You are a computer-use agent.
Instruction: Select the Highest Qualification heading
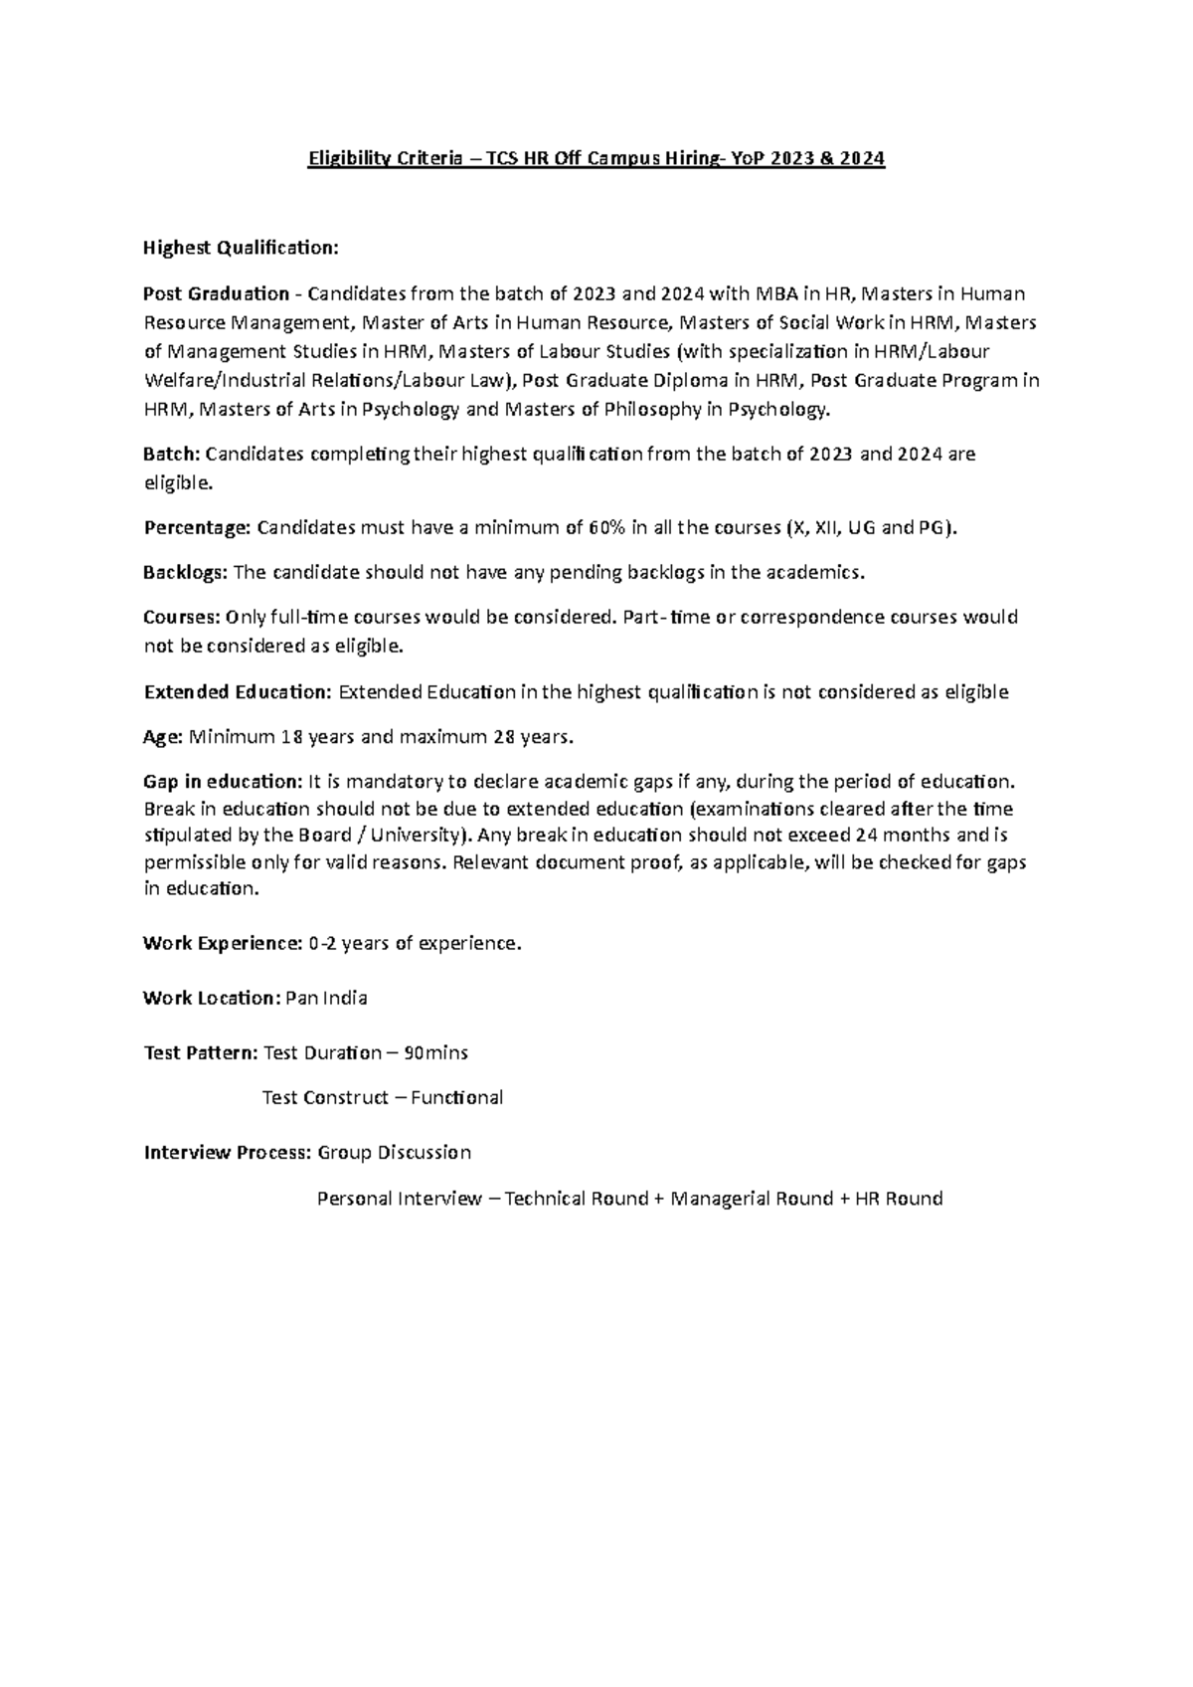(x=242, y=248)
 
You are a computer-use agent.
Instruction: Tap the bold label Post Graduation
(x=216, y=293)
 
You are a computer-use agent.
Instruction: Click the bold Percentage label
(x=197, y=528)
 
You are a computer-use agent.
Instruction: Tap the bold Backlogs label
(x=185, y=572)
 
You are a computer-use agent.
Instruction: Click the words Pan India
(x=326, y=998)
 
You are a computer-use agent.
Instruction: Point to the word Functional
(x=456, y=1097)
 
